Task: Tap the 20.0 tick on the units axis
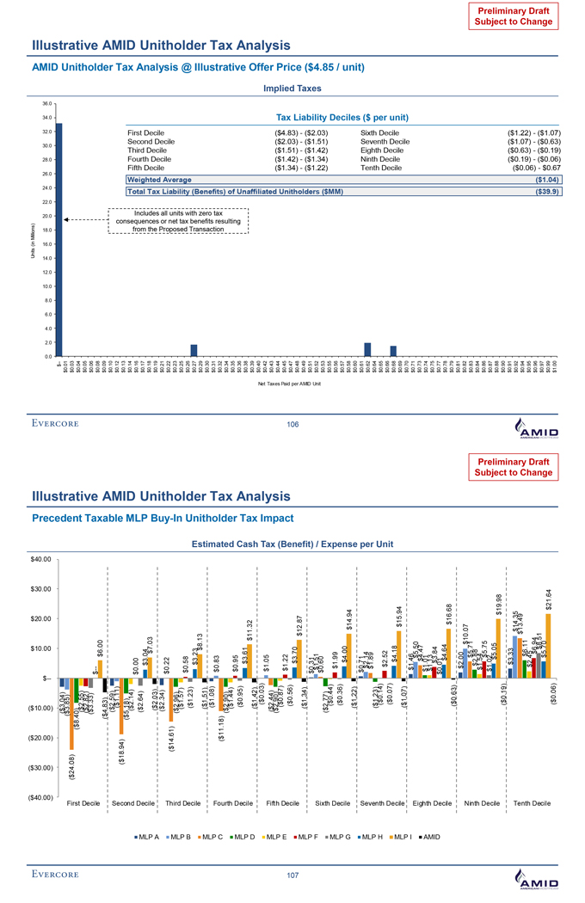47,216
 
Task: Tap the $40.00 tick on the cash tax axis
40,559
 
